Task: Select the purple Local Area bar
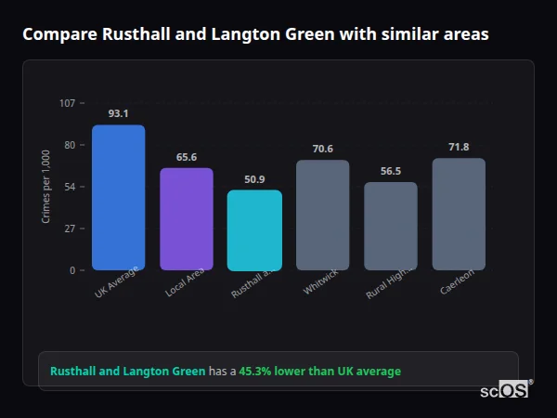[x=187, y=219]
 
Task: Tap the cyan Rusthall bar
[x=254, y=230]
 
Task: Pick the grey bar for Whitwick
[x=322, y=216]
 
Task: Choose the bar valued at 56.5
[x=391, y=227]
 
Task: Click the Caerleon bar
[x=459, y=215]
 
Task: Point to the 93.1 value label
[x=118, y=113]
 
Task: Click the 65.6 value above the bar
[x=187, y=157]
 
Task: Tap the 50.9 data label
[x=254, y=179]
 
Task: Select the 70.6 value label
[x=322, y=149]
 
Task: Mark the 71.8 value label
[x=459, y=147]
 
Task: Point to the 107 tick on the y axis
[x=67, y=103]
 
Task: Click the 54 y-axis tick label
[x=70, y=187]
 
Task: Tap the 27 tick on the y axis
[x=70, y=229]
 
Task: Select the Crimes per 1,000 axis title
[x=46, y=187]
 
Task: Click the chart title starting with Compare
[x=255, y=34]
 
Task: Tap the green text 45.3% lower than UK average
[x=320, y=372]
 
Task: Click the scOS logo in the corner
[x=505, y=391]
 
